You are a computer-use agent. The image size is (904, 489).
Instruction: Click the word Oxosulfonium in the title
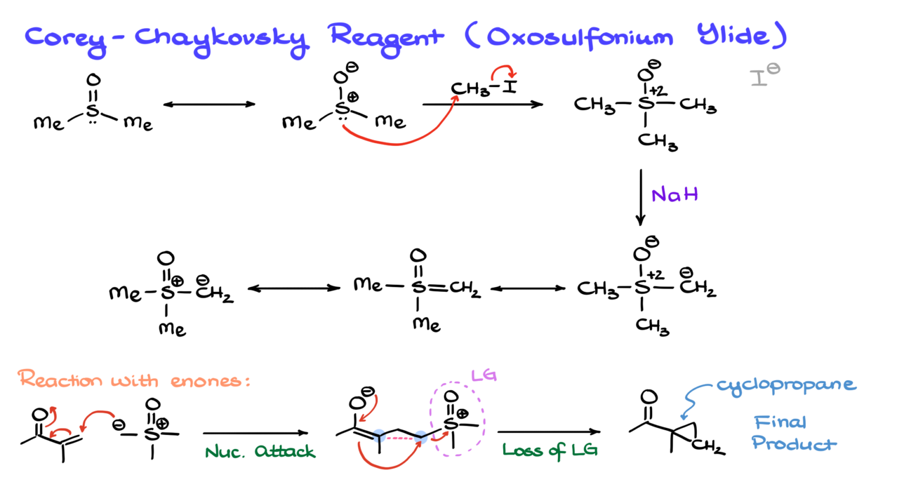pos(580,38)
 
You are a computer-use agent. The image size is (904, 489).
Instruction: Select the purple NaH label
pos(674,195)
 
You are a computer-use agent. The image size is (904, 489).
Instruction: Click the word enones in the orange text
pos(207,381)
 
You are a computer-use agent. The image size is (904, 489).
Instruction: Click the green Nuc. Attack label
pos(260,452)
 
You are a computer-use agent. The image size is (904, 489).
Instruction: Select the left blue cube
pos(379,436)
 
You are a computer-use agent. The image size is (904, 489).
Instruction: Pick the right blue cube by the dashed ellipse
pos(420,437)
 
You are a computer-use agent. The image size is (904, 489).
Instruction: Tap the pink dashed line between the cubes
pos(400,438)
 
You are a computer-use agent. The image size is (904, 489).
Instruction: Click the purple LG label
pos(484,375)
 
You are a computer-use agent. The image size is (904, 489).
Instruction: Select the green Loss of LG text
pos(550,451)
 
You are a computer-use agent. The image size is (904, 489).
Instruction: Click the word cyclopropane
pos(786,385)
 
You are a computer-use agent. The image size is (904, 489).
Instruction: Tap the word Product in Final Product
pos(793,443)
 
